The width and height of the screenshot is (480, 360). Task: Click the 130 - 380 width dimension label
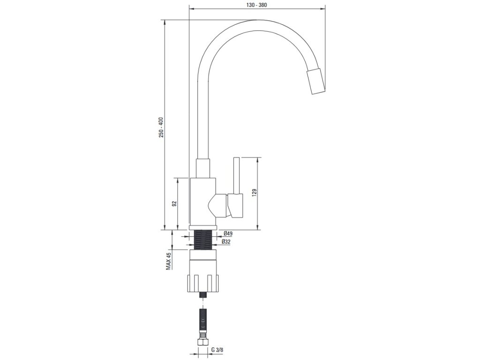pos(256,5)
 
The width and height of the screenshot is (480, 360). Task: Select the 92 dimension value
pos(174,204)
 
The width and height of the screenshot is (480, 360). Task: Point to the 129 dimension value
pos(254,193)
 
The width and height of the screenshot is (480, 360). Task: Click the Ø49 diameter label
pos(227,234)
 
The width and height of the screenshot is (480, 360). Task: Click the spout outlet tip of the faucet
pos(315,81)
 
